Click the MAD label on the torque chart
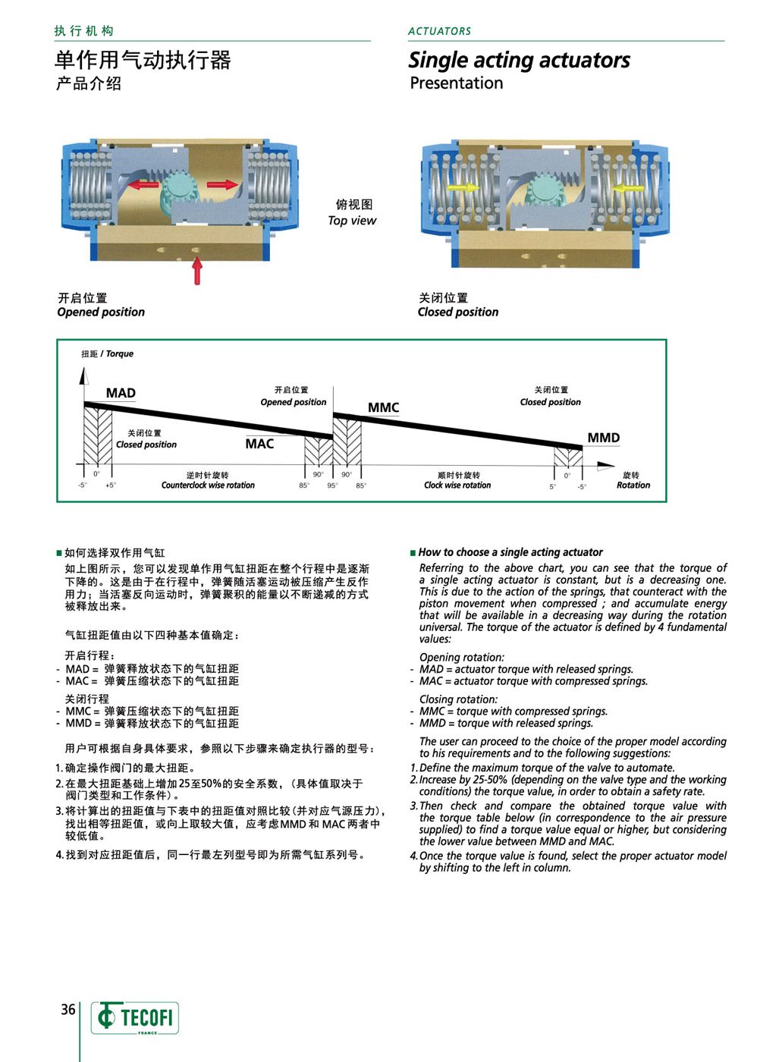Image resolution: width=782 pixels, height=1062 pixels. coord(121,393)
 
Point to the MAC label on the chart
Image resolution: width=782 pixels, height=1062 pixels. coord(259,444)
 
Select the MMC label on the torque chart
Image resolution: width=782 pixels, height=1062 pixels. coord(383,407)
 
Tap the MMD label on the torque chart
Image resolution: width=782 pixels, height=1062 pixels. coord(603,438)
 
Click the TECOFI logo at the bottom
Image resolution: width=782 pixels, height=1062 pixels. coord(136,1017)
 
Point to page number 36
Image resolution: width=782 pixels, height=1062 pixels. coord(68,1010)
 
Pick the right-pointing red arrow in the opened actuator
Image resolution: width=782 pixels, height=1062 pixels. coord(222,184)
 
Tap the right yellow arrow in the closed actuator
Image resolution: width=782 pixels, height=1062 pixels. coord(628,187)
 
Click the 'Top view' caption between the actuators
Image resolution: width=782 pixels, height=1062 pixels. coord(352,221)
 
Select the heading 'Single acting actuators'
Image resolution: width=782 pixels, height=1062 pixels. coord(519,60)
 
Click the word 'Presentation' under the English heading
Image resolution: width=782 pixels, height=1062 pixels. coord(456,83)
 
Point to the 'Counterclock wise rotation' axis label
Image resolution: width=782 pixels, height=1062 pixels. coord(208,485)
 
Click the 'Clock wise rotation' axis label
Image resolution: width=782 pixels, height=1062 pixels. coord(457,485)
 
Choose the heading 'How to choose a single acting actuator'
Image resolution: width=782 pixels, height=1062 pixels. coord(510,552)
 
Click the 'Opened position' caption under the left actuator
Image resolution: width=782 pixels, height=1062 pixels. coord(101,312)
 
